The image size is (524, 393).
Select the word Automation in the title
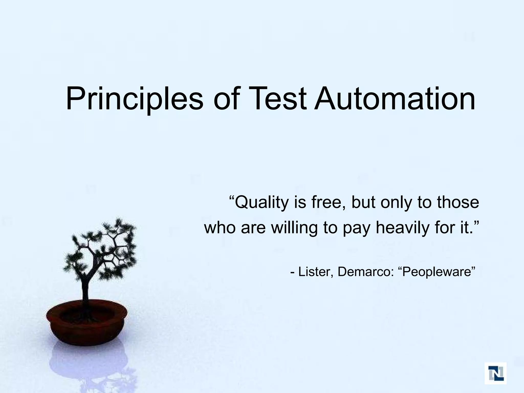tap(395, 99)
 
